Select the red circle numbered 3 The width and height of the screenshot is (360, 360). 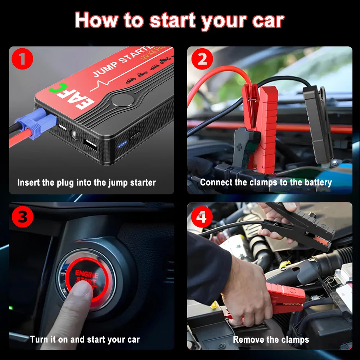pos(23,217)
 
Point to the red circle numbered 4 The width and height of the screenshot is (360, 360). pos(202,217)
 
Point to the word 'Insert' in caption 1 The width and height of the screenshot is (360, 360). pos(28,183)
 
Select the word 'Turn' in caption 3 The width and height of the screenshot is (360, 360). pos(39,339)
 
